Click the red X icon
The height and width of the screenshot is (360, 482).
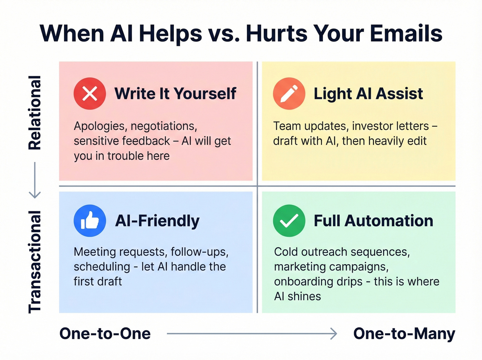point(90,94)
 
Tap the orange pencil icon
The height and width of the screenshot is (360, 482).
point(289,94)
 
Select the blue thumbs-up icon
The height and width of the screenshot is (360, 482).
point(90,221)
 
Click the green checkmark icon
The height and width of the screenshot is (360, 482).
point(289,221)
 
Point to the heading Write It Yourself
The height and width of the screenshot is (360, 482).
point(175,94)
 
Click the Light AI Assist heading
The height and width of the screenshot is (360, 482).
point(368,94)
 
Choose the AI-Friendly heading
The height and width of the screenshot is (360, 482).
point(157,221)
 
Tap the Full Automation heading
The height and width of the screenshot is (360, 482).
point(373,221)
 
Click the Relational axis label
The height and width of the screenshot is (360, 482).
point(34,112)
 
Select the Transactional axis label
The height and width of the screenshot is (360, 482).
point(34,262)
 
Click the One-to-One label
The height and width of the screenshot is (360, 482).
point(105,333)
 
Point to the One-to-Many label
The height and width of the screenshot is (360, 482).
point(404,333)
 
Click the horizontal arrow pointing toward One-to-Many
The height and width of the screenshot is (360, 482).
point(252,333)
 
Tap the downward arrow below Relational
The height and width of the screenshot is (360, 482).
point(34,180)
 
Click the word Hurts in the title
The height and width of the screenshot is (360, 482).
point(277,34)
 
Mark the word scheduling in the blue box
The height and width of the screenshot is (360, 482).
point(102,267)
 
